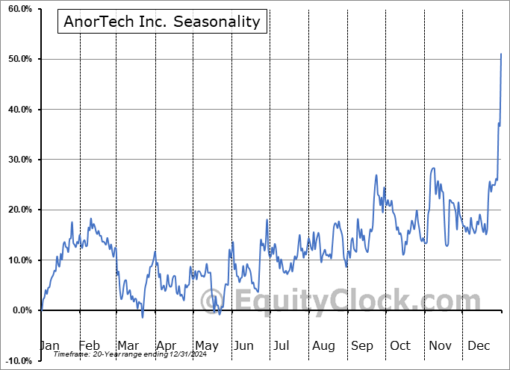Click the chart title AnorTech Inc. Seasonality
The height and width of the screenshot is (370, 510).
coord(162,22)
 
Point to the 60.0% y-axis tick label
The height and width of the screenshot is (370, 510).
coord(17,9)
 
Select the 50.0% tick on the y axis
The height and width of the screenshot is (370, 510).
coord(17,59)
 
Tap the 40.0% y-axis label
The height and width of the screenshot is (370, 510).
coord(17,110)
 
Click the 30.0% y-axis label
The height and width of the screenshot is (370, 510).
coord(17,160)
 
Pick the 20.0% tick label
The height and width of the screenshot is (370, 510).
coord(17,210)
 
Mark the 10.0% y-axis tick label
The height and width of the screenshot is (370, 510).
coord(17,260)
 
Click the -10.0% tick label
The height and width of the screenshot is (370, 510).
coord(16,360)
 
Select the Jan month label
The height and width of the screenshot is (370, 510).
coord(49,345)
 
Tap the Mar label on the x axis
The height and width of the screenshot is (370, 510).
coord(127,345)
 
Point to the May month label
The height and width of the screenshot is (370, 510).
coord(206,345)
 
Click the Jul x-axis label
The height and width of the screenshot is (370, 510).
coord(282,345)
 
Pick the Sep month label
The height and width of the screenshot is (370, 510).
coord(362,345)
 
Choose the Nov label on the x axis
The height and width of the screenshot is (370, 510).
coord(441,345)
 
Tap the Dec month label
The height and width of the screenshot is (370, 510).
coord(479,345)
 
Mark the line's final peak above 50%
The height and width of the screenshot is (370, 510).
coord(501,54)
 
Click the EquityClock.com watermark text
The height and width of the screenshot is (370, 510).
coord(347,301)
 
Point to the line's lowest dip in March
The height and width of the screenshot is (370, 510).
coord(143,317)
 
